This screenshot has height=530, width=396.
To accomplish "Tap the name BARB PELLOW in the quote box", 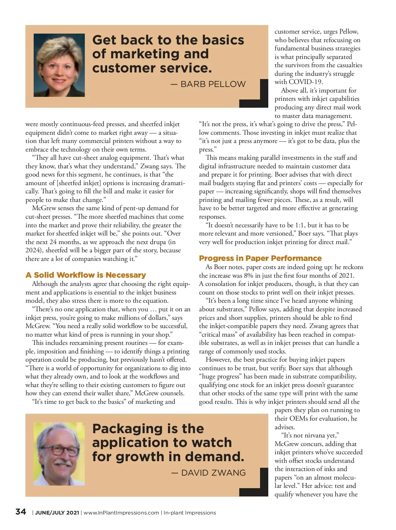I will pyautogui.click(x=213, y=84).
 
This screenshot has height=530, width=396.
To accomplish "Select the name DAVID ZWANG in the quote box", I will pyautogui.click(x=213, y=473).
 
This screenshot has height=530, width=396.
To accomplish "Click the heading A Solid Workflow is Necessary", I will pyautogui.click(x=85, y=275).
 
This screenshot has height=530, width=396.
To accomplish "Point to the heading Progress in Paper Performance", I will pyautogui.click(x=260, y=258).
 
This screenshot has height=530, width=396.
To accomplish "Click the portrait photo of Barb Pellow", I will pyautogui.click(x=59, y=65).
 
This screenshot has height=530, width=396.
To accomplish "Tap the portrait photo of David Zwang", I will pyautogui.click(x=59, y=454).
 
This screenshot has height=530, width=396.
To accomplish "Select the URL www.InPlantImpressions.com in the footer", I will pyautogui.click(x=121, y=513).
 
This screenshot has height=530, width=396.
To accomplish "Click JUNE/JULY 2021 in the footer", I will pyautogui.click(x=57, y=513).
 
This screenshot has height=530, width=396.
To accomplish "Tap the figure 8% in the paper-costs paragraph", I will pyautogui.click(x=248, y=275).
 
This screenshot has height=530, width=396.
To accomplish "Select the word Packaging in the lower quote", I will pyautogui.click(x=127, y=429).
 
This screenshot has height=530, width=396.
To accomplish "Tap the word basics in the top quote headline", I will pyautogui.click(x=223, y=40).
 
